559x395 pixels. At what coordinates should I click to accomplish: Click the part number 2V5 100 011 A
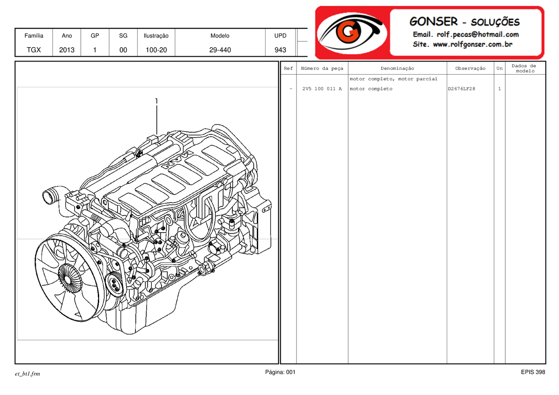(322, 89)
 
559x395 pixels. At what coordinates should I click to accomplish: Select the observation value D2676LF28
(461, 89)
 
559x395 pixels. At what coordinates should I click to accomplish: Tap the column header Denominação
(397, 69)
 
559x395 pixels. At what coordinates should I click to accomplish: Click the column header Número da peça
(322, 69)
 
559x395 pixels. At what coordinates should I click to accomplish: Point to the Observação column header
(470, 69)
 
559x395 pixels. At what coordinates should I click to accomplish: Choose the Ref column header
(288, 69)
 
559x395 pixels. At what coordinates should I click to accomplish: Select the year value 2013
(67, 50)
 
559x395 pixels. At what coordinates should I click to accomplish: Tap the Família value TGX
(34, 50)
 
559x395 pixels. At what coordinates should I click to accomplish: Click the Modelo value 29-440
(220, 50)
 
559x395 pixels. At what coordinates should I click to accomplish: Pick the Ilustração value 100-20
(156, 50)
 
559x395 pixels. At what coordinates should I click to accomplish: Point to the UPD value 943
(280, 50)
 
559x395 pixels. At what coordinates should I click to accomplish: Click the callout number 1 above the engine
(156, 101)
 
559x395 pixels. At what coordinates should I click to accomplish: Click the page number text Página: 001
(280, 372)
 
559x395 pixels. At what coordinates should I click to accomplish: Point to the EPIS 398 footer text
(533, 372)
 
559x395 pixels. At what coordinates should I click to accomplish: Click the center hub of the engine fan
(69, 278)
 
